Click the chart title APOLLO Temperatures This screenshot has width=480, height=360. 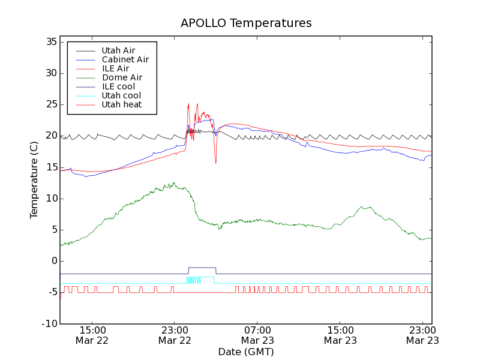pyautogui.click(x=246, y=23)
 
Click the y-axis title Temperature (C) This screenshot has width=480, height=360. pyautogui.click(x=34, y=180)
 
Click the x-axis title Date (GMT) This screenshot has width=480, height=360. pyautogui.click(x=246, y=352)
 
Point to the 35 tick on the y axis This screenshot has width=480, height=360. pyautogui.click(x=50, y=42)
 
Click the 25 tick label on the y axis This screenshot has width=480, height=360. pyautogui.click(x=50, y=104)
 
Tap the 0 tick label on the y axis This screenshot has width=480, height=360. pyautogui.click(x=53, y=261)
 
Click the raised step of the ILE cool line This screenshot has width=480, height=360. pyautogui.click(x=202, y=268)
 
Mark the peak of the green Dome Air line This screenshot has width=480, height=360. pyautogui.click(x=174, y=183)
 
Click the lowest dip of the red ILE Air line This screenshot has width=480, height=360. pyautogui.click(x=216, y=163)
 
